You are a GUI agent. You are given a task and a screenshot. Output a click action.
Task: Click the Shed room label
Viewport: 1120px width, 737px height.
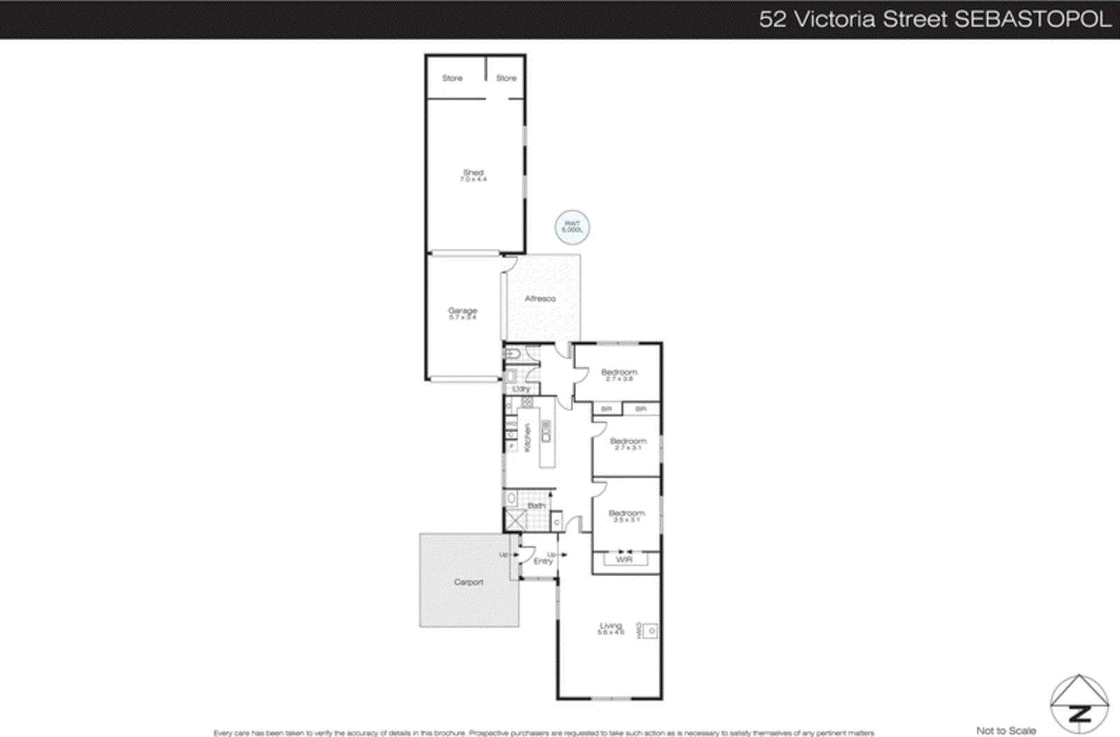473,173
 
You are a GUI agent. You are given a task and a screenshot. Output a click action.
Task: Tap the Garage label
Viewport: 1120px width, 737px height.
463,311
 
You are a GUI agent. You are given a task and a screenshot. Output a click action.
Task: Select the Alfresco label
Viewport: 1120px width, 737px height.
540,298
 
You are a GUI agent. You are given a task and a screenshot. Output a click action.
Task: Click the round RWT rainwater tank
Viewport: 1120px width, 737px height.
572,227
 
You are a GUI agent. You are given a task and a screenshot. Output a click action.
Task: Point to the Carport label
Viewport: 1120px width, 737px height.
468,582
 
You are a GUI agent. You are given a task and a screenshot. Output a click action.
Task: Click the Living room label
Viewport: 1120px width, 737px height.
610,626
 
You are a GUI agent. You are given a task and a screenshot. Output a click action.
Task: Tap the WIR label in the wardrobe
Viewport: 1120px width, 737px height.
624,559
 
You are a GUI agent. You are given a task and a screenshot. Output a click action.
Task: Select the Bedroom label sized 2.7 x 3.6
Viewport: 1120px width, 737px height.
619,373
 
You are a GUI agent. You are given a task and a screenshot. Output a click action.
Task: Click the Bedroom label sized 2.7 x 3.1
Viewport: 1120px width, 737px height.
628,441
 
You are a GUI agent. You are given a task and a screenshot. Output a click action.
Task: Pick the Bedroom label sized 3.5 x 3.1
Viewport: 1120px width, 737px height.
626,514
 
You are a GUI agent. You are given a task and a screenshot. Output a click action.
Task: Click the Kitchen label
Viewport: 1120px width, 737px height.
528,437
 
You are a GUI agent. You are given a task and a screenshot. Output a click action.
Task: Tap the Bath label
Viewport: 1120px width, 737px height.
536,505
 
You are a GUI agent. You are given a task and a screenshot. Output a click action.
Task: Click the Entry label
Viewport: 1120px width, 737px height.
542,560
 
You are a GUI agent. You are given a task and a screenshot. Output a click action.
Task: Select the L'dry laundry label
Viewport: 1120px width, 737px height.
521,389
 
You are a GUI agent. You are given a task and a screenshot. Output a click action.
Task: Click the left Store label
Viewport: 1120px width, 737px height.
452,78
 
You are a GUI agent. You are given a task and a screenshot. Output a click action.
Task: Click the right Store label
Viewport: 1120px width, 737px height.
506,78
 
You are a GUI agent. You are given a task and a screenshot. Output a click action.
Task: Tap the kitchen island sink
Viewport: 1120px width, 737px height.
546,432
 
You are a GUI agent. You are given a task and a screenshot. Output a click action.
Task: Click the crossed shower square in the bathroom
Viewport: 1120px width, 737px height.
515,520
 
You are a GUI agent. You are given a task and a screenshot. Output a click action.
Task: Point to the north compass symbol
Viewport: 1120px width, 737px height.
1079,704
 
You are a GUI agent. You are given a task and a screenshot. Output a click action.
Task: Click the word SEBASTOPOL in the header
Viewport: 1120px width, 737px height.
1032,19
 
